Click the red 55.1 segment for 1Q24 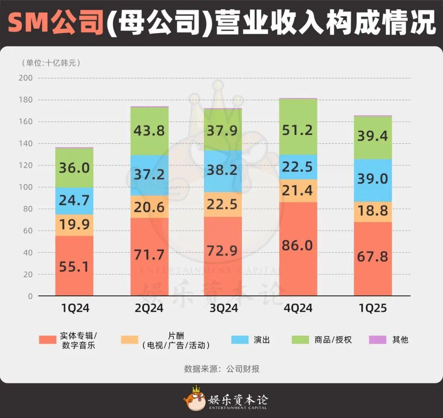[x=74, y=266]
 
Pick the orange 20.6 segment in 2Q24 [x=149, y=207]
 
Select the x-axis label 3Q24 [x=223, y=308]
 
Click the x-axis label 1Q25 [x=373, y=308]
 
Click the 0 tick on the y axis [x=30, y=296]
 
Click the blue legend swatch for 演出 [x=240, y=340]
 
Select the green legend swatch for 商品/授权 [x=300, y=340]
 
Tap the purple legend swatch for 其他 [x=378, y=340]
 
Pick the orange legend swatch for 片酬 [x=129, y=340]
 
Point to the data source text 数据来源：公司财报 [x=221, y=369]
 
